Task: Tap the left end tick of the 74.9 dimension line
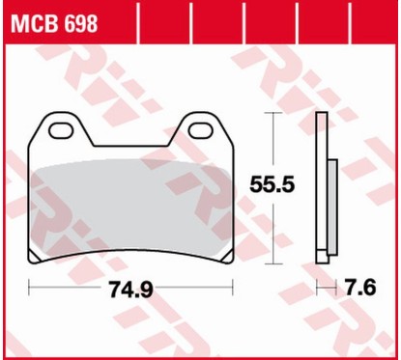click(30, 288)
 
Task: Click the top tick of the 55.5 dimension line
click(277, 114)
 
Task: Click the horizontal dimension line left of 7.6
click(327, 288)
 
